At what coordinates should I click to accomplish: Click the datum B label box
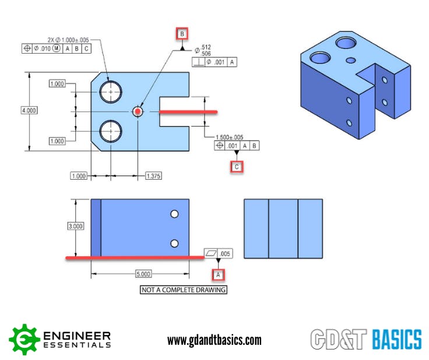(x=182, y=35)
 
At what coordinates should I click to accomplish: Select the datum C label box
(x=236, y=167)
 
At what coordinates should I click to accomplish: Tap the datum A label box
(x=218, y=274)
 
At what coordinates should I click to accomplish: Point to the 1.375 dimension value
(x=154, y=176)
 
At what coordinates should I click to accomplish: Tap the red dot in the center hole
(x=138, y=111)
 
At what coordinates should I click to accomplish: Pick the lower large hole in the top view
(x=110, y=131)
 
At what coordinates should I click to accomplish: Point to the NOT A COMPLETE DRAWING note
(x=184, y=289)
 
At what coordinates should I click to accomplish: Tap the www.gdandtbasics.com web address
(x=214, y=340)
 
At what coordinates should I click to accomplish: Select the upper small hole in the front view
(x=174, y=215)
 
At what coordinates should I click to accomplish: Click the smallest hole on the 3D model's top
(x=350, y=60)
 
